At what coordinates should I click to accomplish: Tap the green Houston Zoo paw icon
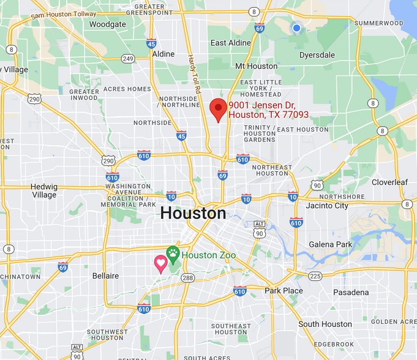173,253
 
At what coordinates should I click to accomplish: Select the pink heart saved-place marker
160,263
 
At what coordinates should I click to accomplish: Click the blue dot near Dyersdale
296,28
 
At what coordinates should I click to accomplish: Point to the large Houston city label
193,213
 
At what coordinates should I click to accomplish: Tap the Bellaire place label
105,276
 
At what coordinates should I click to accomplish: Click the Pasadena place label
350,292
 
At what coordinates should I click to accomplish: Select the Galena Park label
348,244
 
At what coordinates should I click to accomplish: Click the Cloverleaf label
390,182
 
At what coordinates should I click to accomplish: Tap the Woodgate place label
107,24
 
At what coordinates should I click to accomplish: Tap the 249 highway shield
127,59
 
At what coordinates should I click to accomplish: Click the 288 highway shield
187,277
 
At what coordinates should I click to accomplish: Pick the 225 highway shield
315,276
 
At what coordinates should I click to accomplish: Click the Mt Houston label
256,66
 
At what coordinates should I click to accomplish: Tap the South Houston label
325,324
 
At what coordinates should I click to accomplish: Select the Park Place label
284,290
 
